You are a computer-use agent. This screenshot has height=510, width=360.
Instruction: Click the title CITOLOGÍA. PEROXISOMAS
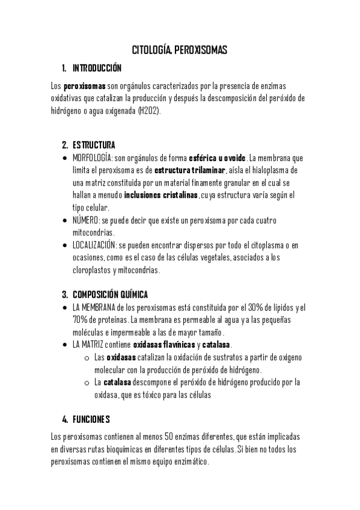pyautogui.click(x=180, y=51)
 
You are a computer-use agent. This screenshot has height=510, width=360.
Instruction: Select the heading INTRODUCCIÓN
pyautogui.click(x=97, y=67)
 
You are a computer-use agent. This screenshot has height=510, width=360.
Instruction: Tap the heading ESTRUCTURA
pyautogui.click(x=94, y=145)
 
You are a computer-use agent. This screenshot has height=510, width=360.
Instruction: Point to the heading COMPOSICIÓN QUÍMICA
pyautogui.click(x=110, y=294)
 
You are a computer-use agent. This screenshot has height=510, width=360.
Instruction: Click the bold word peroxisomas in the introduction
pyautogui.click(x=85, y=86)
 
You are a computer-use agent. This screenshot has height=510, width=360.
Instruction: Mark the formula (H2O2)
pyautogui.click(x=150, y=111)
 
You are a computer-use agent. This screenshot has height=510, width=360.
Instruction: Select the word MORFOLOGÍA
pyautogui.click(x=92, y=158)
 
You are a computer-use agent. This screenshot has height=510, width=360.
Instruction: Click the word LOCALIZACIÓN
pyautogui.click(x=95, y=245)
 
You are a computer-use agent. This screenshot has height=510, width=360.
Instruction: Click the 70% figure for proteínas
pyautogui.click(x=80, y=319)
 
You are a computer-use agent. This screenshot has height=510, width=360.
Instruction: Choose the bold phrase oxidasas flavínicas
pyautogui.click(x=163, y=345)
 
